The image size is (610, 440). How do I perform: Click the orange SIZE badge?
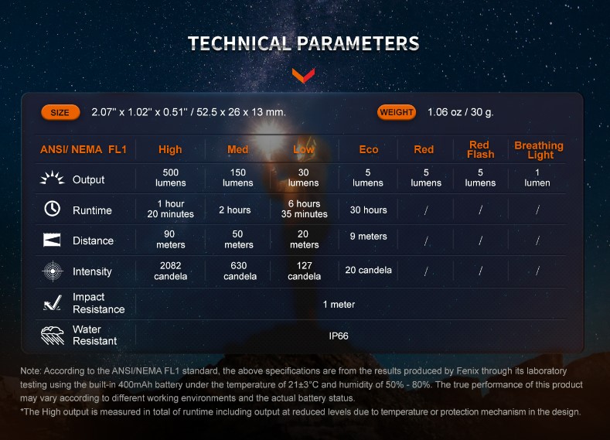[x=60, y=112]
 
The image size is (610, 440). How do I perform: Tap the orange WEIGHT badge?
[x=397, y=112]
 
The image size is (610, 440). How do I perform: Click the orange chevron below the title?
[x=303, y=76]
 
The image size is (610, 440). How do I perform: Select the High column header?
[x=170, y=149]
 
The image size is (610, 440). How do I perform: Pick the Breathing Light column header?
[x=539, y=150]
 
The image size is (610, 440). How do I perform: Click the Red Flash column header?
[x=480, y=150]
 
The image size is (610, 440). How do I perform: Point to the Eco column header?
[x=369, y=149]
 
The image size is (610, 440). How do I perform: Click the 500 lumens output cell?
[x=170, y=178]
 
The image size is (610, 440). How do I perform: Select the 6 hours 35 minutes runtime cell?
[x=304, y=209]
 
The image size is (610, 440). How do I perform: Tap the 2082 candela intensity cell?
[x=170, y=271]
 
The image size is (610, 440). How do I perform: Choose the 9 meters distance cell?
[x=369, y=237]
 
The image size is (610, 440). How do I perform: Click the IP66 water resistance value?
[x=339, y=336]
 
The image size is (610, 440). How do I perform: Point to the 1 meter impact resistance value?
[x=339, y=305]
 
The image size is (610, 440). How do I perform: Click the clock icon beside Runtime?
[x=52, y=209]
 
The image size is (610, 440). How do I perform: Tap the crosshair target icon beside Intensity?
[x=53, y=271]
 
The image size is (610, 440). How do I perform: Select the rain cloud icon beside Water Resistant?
[x=53, y=336]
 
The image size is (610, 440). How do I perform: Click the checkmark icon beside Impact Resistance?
[x=53, y=302]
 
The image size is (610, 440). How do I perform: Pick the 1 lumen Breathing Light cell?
[x=537, y=178]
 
